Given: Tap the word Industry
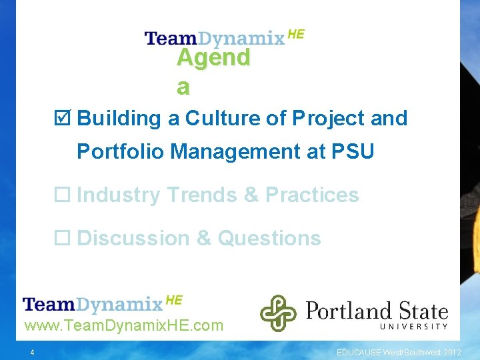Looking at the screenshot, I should pyautogui.click(x=119, y=195).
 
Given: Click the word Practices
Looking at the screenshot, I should pyautogui.click(x=312, y=195).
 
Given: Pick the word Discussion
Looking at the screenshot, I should pyautogui.click(x=134, y=239).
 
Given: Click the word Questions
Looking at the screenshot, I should pyautogui.click(x=269, y=239).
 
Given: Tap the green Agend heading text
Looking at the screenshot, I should pyautogui.click(x=213, y=59).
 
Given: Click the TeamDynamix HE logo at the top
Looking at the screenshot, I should pyautogui.click(x=224, y=37).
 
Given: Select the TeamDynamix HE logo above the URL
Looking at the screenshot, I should pyautogui.click(x=102, y=304).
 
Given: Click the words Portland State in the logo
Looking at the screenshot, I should pyautogui.click(x=376, y=310).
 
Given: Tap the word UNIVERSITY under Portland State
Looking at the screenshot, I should pyautogui.click(x=414, y=327).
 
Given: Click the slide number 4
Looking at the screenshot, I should pyautogui.click(x=32, y=352).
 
